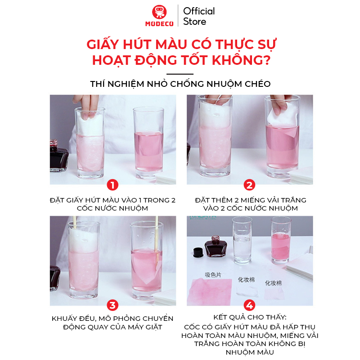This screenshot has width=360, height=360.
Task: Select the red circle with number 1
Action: point(112,185)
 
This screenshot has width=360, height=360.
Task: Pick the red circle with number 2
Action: point(249,185)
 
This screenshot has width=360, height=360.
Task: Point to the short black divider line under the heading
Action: point(180,74)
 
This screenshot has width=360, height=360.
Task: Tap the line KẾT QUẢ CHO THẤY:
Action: point(249,318)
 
